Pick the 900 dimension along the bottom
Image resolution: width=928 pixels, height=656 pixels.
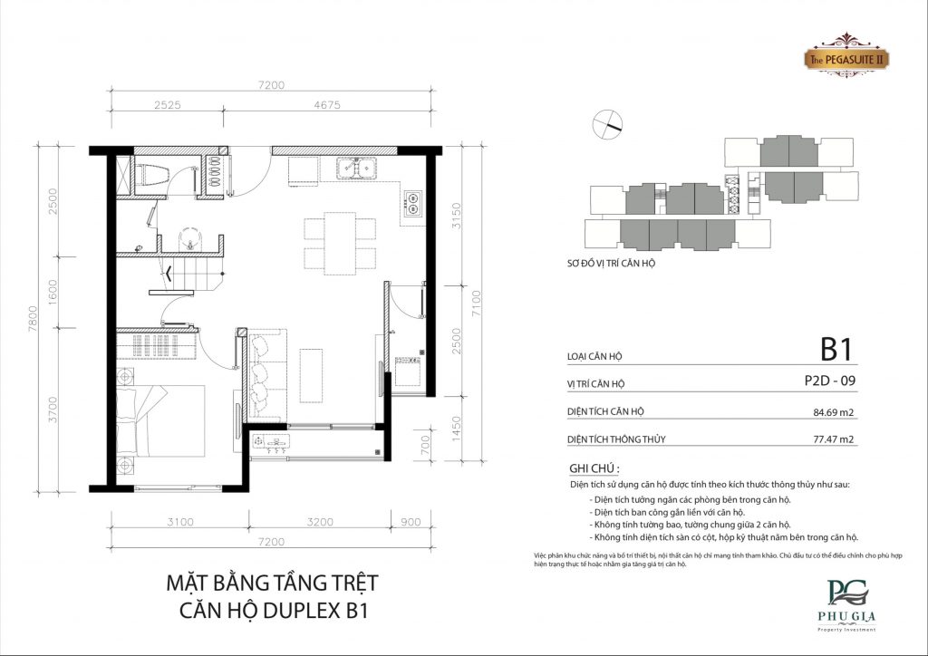click(411, 523)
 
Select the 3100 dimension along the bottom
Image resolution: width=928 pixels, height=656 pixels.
click(180, 523)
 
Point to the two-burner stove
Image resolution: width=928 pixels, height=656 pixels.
click(413, 203)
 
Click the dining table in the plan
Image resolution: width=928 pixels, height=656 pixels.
click(340, 242)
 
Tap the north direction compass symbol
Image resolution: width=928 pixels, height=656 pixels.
click(607, 122)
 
